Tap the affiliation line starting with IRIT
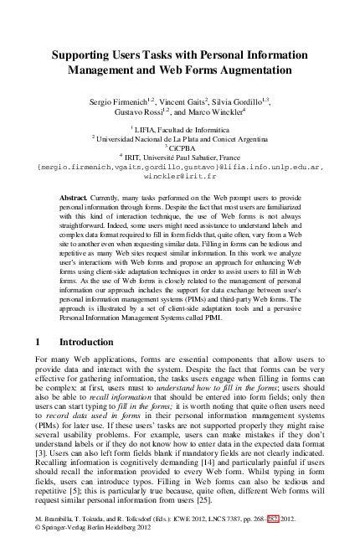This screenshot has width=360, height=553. (x=179, y=157)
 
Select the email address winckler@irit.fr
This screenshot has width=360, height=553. (x=180, y=177)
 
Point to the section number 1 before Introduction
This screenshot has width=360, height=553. (x=39, y=343)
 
